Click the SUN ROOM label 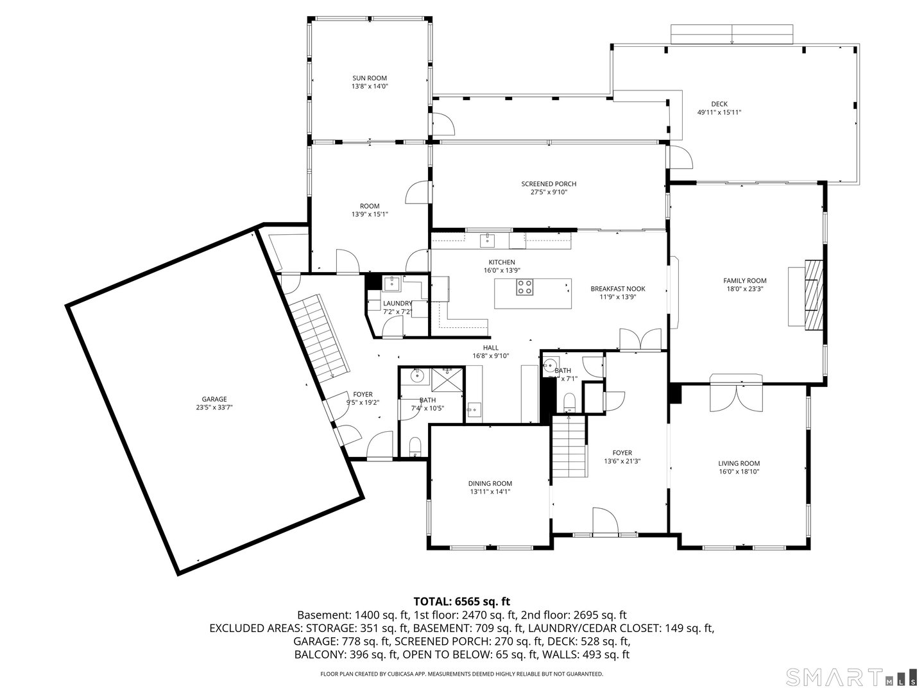click(x=369, y=78)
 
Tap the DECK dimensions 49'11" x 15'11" click(x=719, y=112)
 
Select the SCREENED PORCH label click(x=548, y=184)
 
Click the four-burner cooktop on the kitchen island click(x=524, y=288)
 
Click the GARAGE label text click(x=214, y=399)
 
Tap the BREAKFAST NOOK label click(x=617, y=289)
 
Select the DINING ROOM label click(x=490, y=484)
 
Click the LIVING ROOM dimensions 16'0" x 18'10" click(x=739, y=472)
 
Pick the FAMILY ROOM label click(x=744, y=280)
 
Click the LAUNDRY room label click(x=397, y=304)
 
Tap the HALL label click(x=490, y=348)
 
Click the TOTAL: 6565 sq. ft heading click(x=461, y=601)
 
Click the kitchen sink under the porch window click(x=488, y=240)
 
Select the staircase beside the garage click(x=318, y=337)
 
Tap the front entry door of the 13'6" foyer click(x=605, y=522)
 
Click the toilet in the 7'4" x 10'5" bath click(x=415, y=446)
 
